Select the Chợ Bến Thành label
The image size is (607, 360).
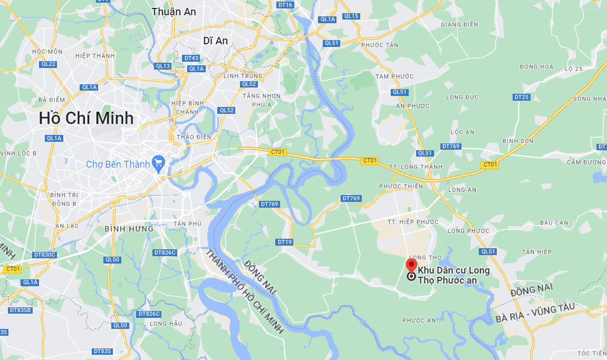pos(118,164)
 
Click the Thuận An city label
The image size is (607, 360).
pos(174,12)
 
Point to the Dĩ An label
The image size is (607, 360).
pos(215,41)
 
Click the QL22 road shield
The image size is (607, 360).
pos(48,64)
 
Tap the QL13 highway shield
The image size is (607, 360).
pos(163,66)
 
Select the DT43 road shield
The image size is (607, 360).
pos(191,58)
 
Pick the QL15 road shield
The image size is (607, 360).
pos(351,16)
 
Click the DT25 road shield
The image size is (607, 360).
pos(521,97)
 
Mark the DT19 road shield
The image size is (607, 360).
pos(284,242)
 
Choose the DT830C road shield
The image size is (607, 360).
pos(44,255)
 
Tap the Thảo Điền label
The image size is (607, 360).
pos(194,137)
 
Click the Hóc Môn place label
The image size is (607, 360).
pos(47,52)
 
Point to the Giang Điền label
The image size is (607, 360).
pos(459,25)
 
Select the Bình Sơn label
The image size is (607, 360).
pos(518,141)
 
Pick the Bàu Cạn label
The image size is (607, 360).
pos(554,223)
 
